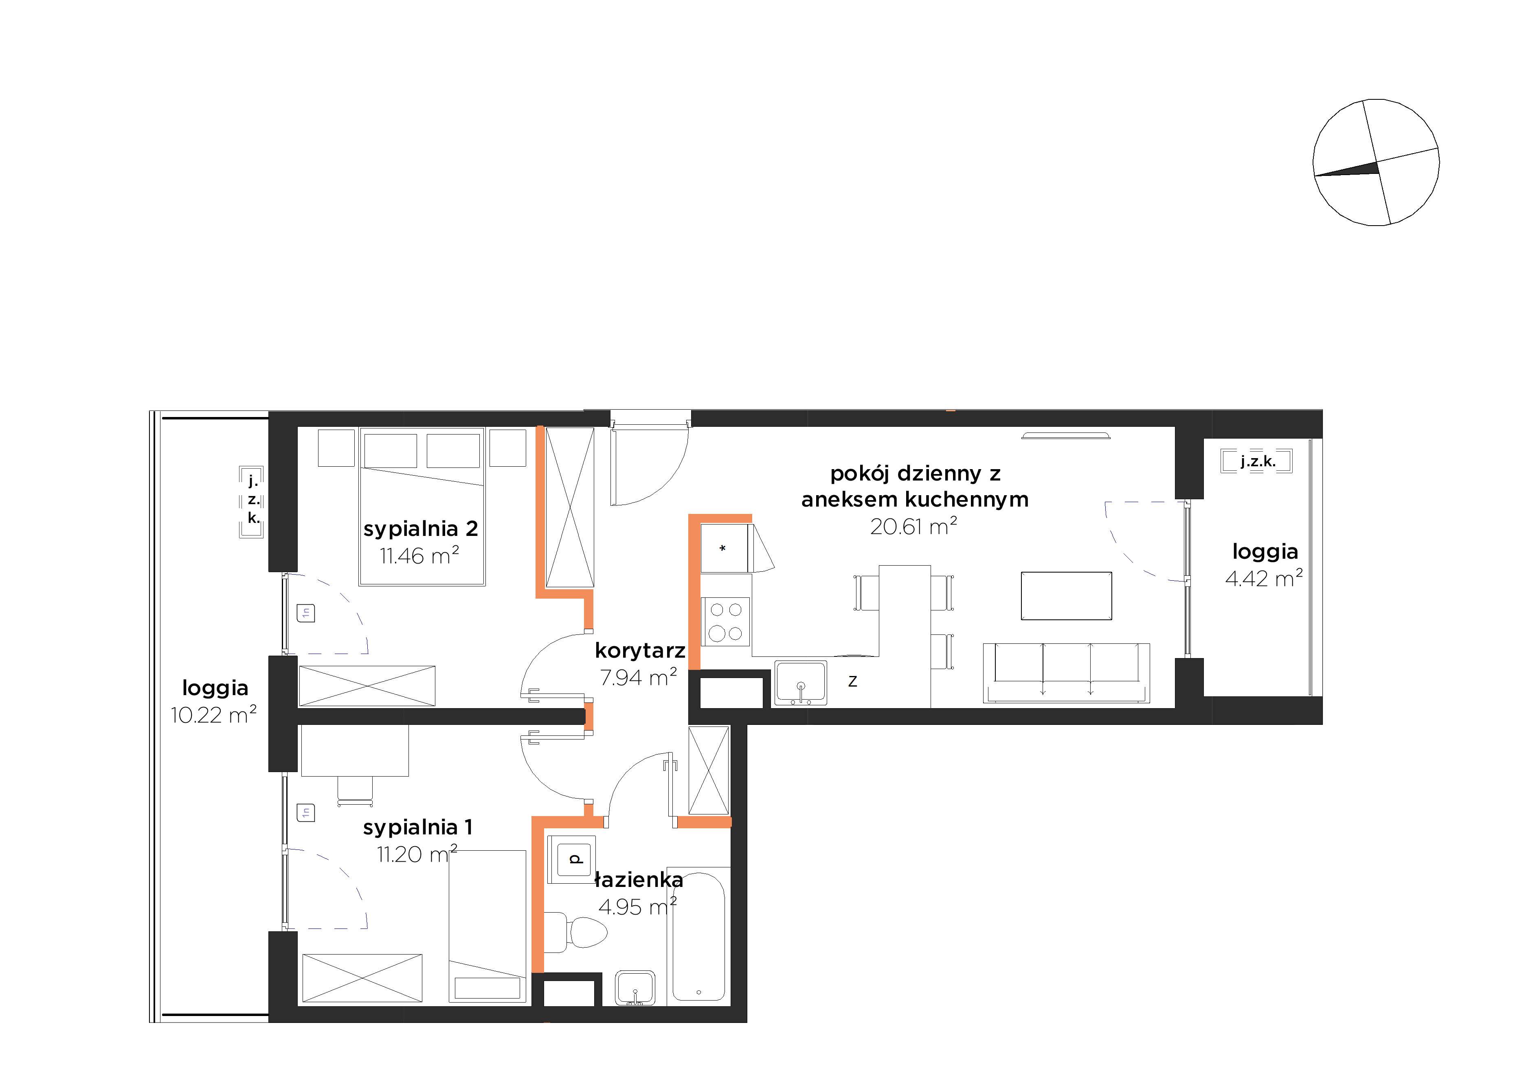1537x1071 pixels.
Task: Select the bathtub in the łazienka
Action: pos(698,937)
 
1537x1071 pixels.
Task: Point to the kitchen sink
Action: pos(801,683)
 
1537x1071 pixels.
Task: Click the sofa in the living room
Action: pos(1066,673)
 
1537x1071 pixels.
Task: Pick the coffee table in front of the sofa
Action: pos(1066,596)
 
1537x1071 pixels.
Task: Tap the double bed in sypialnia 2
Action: pos(422,507)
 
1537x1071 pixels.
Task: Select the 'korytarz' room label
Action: pos(640,651)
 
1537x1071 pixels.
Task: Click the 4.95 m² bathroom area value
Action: pos(637,907)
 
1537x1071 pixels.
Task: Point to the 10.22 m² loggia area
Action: pos(213,715)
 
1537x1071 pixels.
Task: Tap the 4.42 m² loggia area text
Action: pos(1264,578)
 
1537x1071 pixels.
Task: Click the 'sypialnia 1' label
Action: pos(418,827)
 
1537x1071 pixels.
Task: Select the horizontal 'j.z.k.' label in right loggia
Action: pos(1257,461)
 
